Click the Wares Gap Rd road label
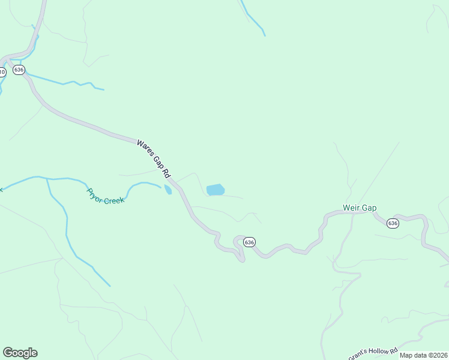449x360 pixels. [153, 159]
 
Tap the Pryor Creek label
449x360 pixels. [105, 196]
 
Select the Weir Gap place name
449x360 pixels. [360, 208]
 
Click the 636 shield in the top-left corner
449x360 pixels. [19, 70]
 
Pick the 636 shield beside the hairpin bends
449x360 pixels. [250, 242]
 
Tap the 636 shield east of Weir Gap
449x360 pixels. [393, 223]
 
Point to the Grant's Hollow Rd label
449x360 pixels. [373, 353]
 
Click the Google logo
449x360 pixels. [20, 353]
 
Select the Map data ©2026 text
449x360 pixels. [423, 355]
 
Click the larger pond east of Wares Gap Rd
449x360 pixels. [215, 190]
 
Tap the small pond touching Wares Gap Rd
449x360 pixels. [168, 190]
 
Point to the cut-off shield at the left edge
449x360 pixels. [2, 72]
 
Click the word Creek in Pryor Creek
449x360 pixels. [113, 200]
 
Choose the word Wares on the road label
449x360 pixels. [144, 149]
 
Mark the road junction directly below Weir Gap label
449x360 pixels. [353, 214]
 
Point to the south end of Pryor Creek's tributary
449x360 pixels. [110, 286]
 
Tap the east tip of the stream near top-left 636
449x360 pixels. [104, 90]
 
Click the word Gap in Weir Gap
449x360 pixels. [369, 208]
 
